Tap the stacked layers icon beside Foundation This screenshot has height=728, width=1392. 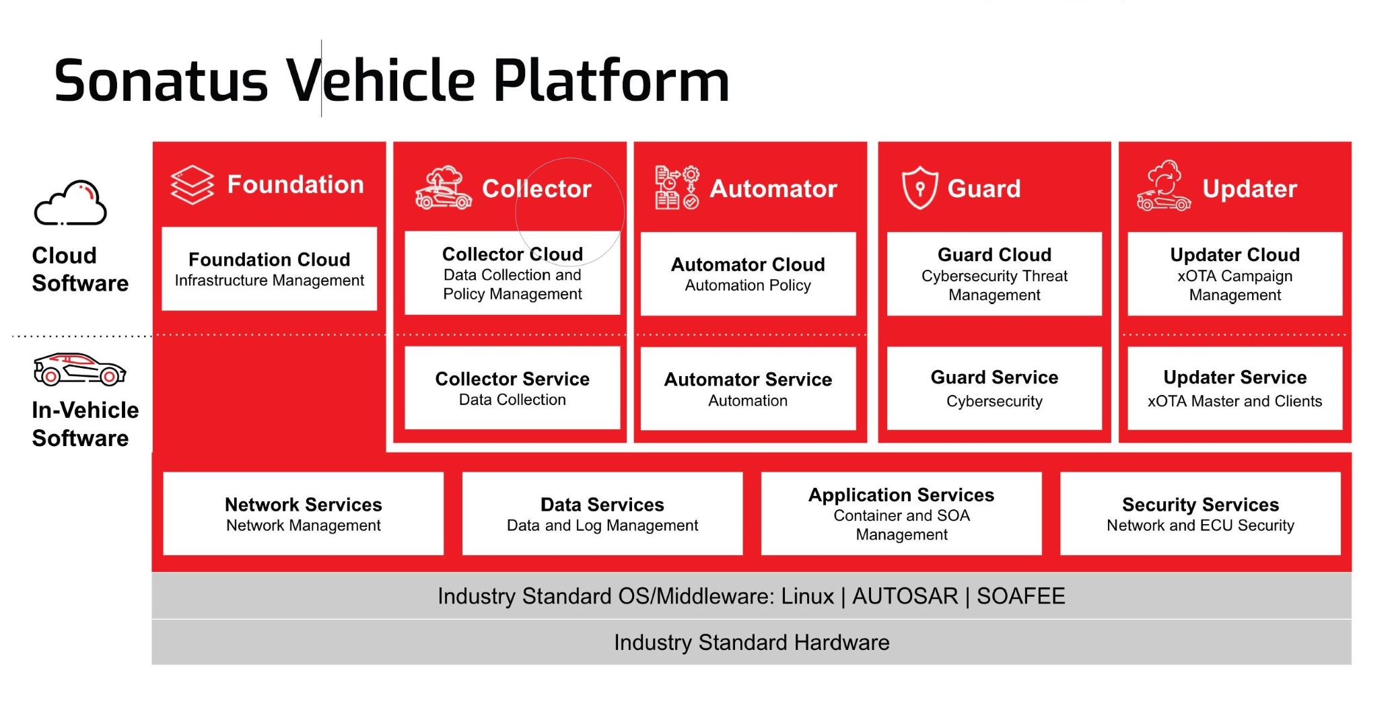coord(192,184)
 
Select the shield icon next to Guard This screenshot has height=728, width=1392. coord(919,188)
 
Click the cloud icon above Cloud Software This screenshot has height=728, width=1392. coord(71,203)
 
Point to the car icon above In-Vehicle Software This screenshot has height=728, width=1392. coord(79,369)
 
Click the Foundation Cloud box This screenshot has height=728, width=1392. coord(269,269)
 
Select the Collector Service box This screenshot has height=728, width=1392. coord(512,388)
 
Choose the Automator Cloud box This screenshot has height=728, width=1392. coord(748,274)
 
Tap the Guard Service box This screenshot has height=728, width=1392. coord(994,388)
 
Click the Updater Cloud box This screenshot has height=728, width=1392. coord(1234,274)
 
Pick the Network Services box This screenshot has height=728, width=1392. coord(303,514)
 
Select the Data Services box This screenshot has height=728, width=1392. coord(602,514)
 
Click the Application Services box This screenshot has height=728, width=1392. coord(901,514)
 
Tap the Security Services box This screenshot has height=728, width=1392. coord(1200,514)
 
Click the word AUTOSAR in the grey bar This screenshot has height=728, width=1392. coord(905,596)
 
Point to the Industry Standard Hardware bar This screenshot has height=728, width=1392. coord(751,643)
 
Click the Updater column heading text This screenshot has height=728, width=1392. coord(1249,188)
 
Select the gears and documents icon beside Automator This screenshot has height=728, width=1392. coord(676,188)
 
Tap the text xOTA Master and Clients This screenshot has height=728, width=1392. coord(1234,401)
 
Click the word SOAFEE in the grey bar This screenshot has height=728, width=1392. coord(1020,596)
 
